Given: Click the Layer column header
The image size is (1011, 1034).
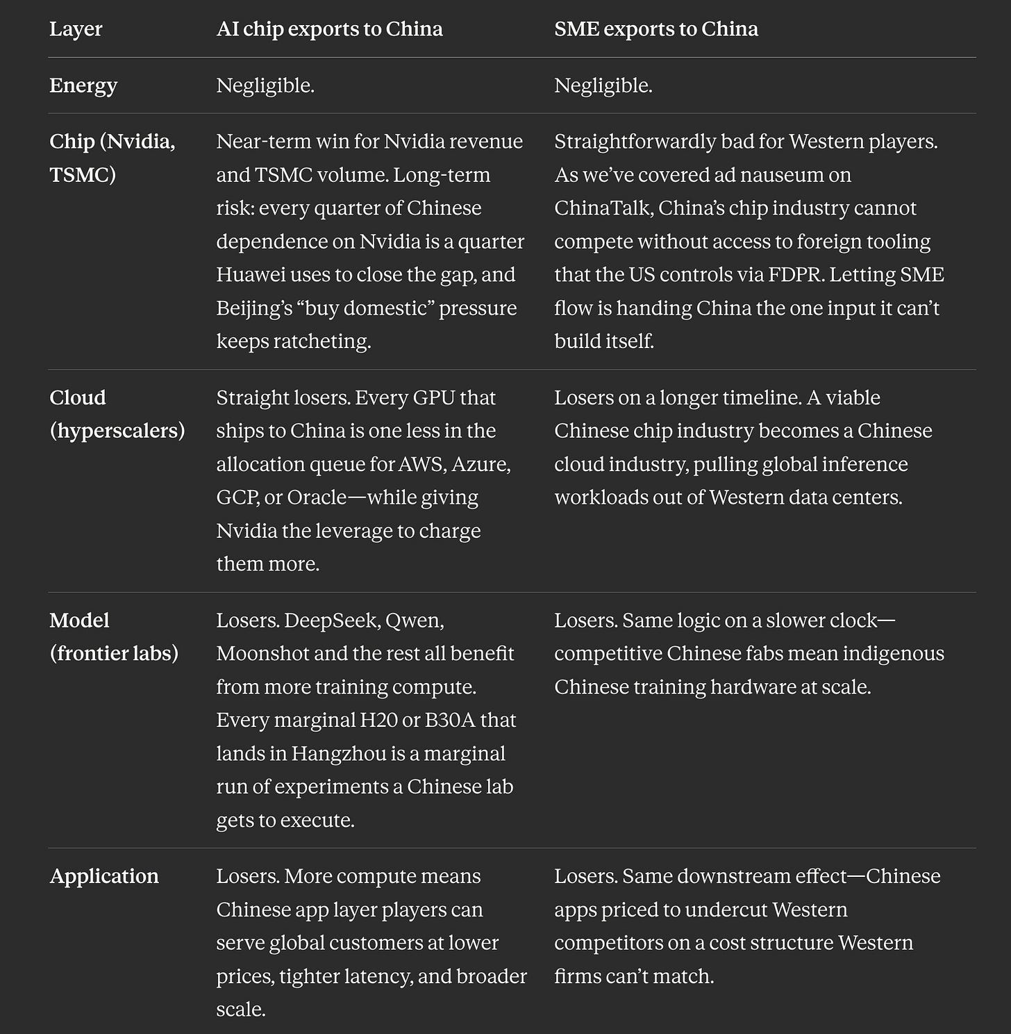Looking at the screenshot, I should [x=76, y=29].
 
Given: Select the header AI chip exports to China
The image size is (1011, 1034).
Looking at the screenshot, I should [x=329, y=29].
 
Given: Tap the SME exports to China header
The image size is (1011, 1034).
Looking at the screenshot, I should [x=655, y=29].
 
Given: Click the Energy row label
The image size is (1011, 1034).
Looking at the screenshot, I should [x=83, y=85].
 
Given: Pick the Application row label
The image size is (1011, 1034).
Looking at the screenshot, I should [x=104, y=876].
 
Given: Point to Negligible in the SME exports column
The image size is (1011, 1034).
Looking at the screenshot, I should [x=603, y=85].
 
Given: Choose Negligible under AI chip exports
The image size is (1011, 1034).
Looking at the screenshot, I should [x=265, y=85].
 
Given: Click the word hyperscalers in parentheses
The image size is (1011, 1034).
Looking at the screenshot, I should [x=117, y=431].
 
